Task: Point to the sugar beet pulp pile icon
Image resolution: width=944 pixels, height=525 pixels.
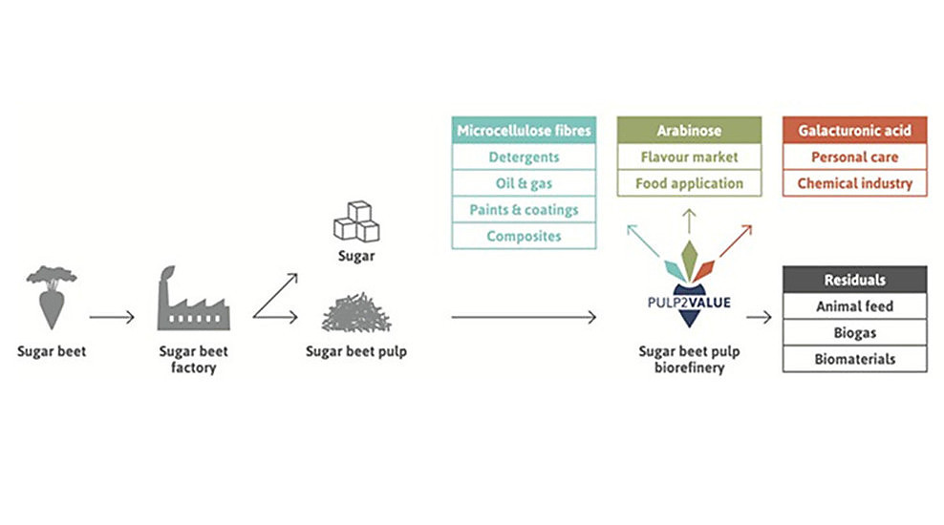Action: (x=355, y=313)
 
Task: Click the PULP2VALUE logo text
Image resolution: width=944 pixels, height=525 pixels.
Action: (x=689, y=303)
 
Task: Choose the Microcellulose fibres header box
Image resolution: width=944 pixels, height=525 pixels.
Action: (x=524, y=130)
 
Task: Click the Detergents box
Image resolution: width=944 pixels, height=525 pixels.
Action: (x=524, y=157)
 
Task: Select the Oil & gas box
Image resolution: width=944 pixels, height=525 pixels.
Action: (x=524, y=182)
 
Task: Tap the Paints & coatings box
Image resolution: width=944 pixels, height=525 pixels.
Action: (x=524, y=209)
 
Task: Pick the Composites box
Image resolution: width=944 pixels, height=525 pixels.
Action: (x=524, y=236)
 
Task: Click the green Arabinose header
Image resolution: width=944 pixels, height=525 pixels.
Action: (x=689, y=130)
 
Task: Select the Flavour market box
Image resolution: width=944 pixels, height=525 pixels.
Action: (x=689, y=157)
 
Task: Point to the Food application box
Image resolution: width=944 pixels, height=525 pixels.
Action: (x=689, y=182)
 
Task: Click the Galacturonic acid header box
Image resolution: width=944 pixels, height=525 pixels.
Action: (x=854, y=130)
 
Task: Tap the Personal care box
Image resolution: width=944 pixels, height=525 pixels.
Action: (x=854, y=157)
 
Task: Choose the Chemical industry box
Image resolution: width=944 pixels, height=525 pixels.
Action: (x=854, y=182)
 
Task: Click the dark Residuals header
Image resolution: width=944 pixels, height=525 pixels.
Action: (x=854, y=280)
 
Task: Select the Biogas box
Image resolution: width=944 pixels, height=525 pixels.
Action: (x=854, y=333)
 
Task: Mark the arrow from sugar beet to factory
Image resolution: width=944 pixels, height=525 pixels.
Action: (x=112, y=317)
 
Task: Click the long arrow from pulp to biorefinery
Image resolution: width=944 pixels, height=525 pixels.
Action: (x=524, y=317)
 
